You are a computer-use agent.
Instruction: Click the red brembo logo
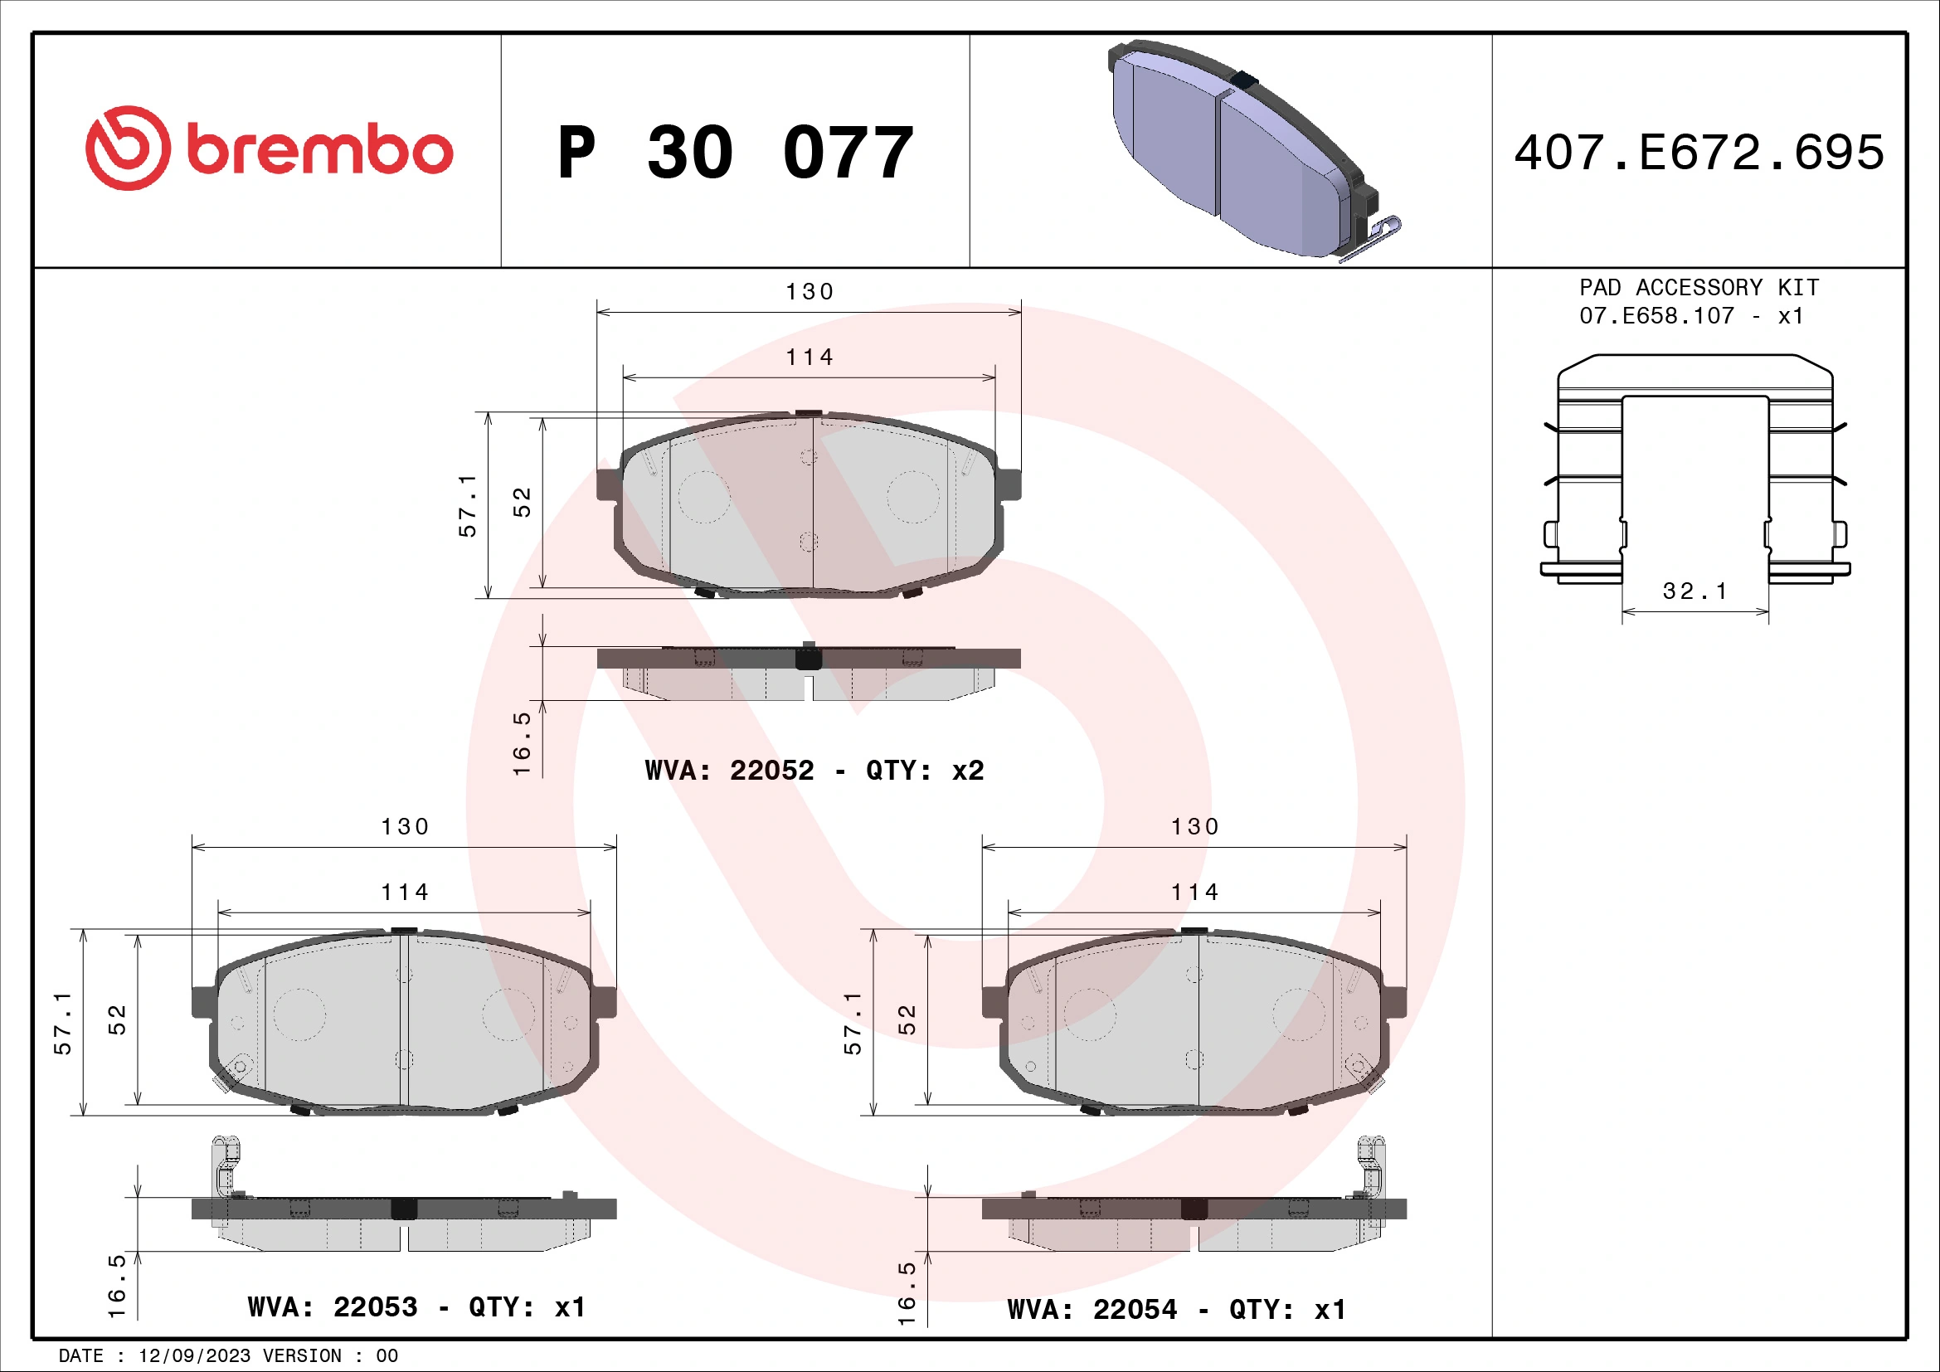(269, 148)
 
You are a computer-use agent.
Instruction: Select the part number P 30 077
(735, 153)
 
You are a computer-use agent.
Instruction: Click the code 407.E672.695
(1699, 153)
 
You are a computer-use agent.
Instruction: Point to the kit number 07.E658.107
(1656, 316)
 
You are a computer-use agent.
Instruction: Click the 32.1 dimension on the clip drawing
(1694, 591)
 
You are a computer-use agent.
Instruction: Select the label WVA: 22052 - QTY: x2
(814, 771)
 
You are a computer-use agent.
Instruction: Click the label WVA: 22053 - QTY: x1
(416, 1307)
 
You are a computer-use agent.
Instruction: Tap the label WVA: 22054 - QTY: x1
(1176, 1310)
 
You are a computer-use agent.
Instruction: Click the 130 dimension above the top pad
(810, 292)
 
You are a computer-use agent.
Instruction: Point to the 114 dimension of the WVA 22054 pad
(1194, 893)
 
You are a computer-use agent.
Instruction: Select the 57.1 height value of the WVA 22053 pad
(63, 1023)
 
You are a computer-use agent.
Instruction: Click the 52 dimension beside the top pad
(523, 502)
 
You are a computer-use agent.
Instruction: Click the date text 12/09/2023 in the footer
(194, 1356)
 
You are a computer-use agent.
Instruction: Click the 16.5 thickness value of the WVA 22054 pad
(907, 1293)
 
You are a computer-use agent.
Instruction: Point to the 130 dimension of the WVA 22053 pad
(405, 827)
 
